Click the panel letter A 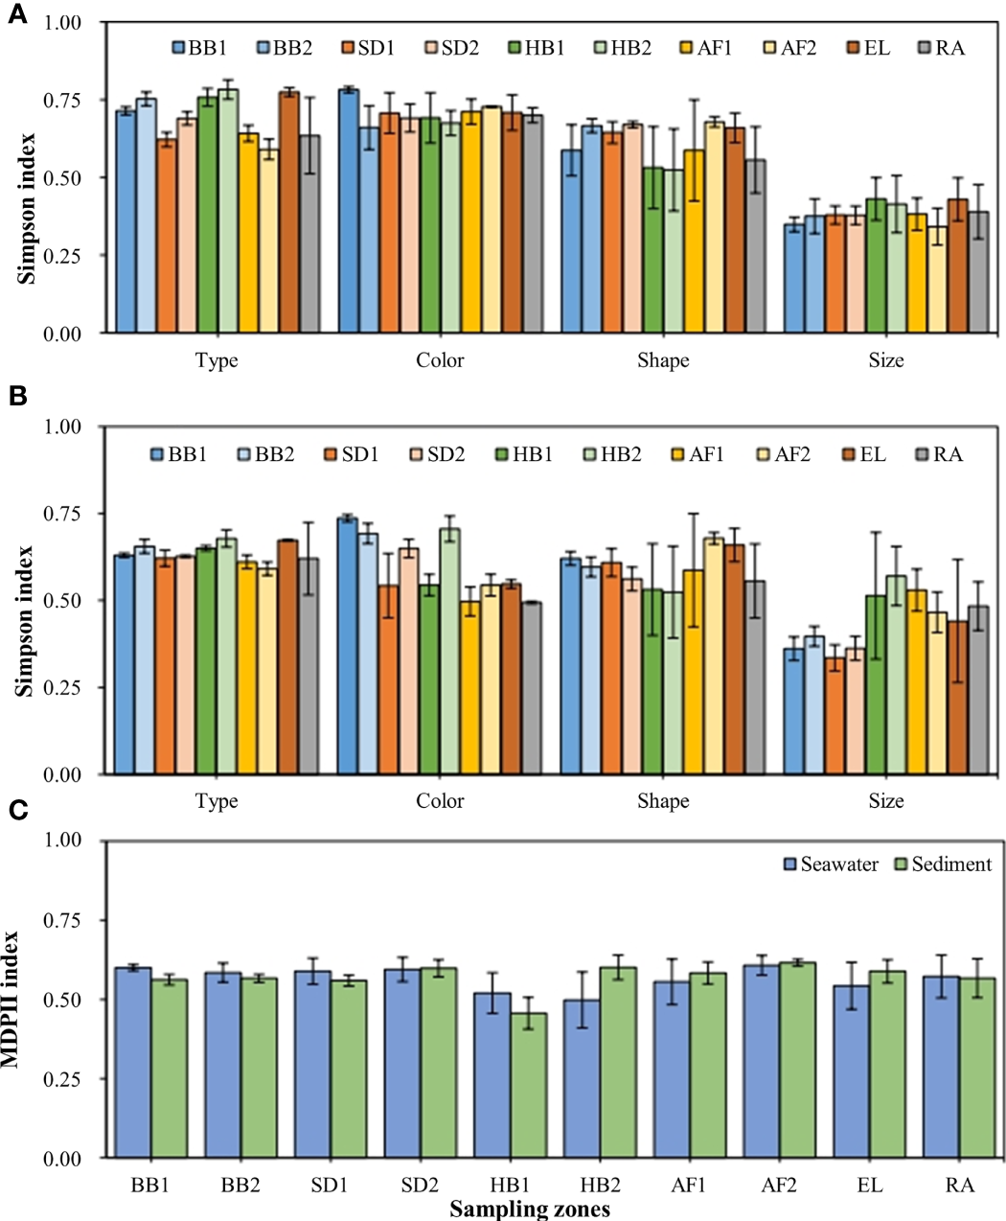tap(16, 16)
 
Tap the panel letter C tap(17, 811)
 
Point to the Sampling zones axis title tap(530, 1209)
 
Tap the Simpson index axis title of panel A tap(27, 207)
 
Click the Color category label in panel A tap(440, 361)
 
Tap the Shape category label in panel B tap(663, 801)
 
